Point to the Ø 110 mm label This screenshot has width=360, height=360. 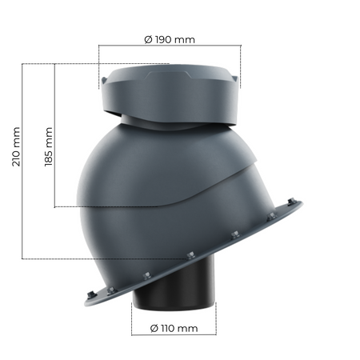point(174,328)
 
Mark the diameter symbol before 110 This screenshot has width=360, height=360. point(152,328)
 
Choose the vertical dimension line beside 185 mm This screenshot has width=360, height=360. point(54,136)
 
